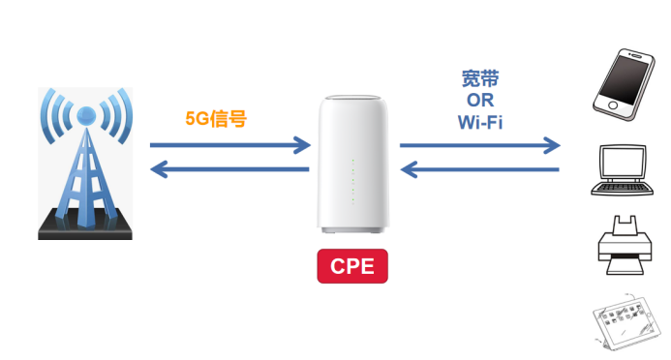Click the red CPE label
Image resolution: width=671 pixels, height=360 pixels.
pyautogui.click(x=351, y=266)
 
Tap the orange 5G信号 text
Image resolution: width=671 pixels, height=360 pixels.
pyautogui.click(x=216, y=120)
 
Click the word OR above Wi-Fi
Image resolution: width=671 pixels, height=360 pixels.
pyautogui.click(x=480, y=101)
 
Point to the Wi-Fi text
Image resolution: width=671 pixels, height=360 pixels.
pyautogui.click(x=480, y=122)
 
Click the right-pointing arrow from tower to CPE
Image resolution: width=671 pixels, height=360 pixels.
pyautogui.click(x=229, y=146)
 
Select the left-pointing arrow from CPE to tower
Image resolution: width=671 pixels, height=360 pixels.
pyautogui.click(x=229, y=170)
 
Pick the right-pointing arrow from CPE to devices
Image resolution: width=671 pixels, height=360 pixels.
pyautogui.click(x=480, y=146)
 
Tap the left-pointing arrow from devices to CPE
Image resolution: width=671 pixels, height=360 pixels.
pyautogui.click(x=480, y=170)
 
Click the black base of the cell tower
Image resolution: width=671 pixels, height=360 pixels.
pyautogui.click(x=84, y=231)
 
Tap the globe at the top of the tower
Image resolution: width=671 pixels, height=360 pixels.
pyautogui.click(x=84, y=115)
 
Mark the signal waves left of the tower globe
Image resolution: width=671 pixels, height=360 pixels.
pyautogui.click(x=54, y=116)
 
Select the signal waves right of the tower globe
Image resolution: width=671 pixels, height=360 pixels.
pyautogui.click(x=114, y=116)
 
